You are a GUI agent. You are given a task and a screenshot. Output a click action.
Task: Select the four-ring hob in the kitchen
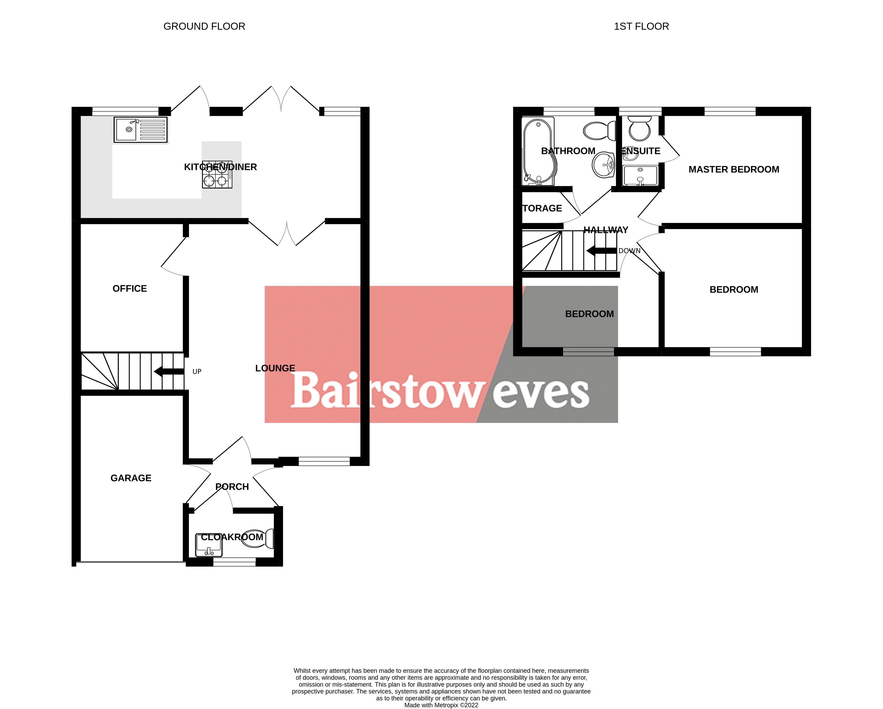(x=217, y=175)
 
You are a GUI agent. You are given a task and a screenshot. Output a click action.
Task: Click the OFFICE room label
(x=129, y=288)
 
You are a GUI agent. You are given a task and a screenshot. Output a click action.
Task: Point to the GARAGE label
(x=131, y=478)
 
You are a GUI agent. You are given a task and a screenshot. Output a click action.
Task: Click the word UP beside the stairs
(x=197, y=372)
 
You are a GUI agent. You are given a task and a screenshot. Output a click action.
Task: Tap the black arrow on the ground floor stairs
(x=169, y=372)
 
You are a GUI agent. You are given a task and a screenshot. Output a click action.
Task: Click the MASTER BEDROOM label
(x=733, y=169)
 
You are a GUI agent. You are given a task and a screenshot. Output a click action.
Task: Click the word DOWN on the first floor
(x=629, y=251)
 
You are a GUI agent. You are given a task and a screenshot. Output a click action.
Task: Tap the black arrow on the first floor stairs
(x=601, y=251)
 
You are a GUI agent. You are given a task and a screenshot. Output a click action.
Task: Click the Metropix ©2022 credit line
(x=441, y=705)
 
